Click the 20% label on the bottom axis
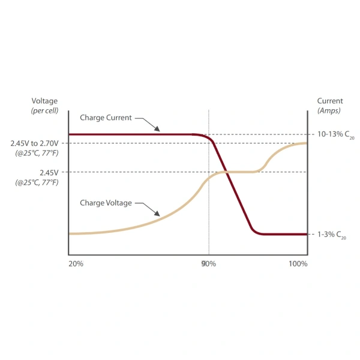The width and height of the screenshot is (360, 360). pyautogui.click(x=76, y=264)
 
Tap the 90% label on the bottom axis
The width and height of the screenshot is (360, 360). pyautogui.click(x=209, y=264)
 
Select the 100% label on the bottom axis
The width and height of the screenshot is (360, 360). pyautogui.click(x=298, y=264)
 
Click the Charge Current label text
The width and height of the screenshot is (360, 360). pyautogui.click(x=106, y=118)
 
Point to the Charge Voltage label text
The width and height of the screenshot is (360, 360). pyautogui.click(x=106, y=203)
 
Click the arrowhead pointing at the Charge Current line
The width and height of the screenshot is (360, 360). pyautogui.click(x=157, y=129)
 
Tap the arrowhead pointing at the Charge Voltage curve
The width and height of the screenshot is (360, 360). pyautogui.click(x=157, y=214)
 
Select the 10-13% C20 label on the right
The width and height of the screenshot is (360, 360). pyautogui.click(x=335, y=134)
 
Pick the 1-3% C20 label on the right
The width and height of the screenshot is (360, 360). pyautogui.click(x=332, y=235)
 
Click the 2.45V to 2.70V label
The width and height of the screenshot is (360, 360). pyautogui.click(x=34, y=143)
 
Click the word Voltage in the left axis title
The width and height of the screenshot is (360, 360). pyautogui.click(x=44, y=101)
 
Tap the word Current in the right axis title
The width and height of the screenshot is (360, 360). pyautogui.click(x=330, y=101)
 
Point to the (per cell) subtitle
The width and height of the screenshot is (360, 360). pyautogui.click(x=44, y=110)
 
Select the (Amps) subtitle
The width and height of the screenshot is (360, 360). pyautogui.click(x=329, y=110)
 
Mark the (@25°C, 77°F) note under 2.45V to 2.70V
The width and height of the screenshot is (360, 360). pyautogui.click(x=37, y=153)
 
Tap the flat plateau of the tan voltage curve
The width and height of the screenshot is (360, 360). pyautogui.click(x=240, y=172)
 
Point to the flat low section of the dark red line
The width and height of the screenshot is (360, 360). pyautogui.click(x=285, y=234)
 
